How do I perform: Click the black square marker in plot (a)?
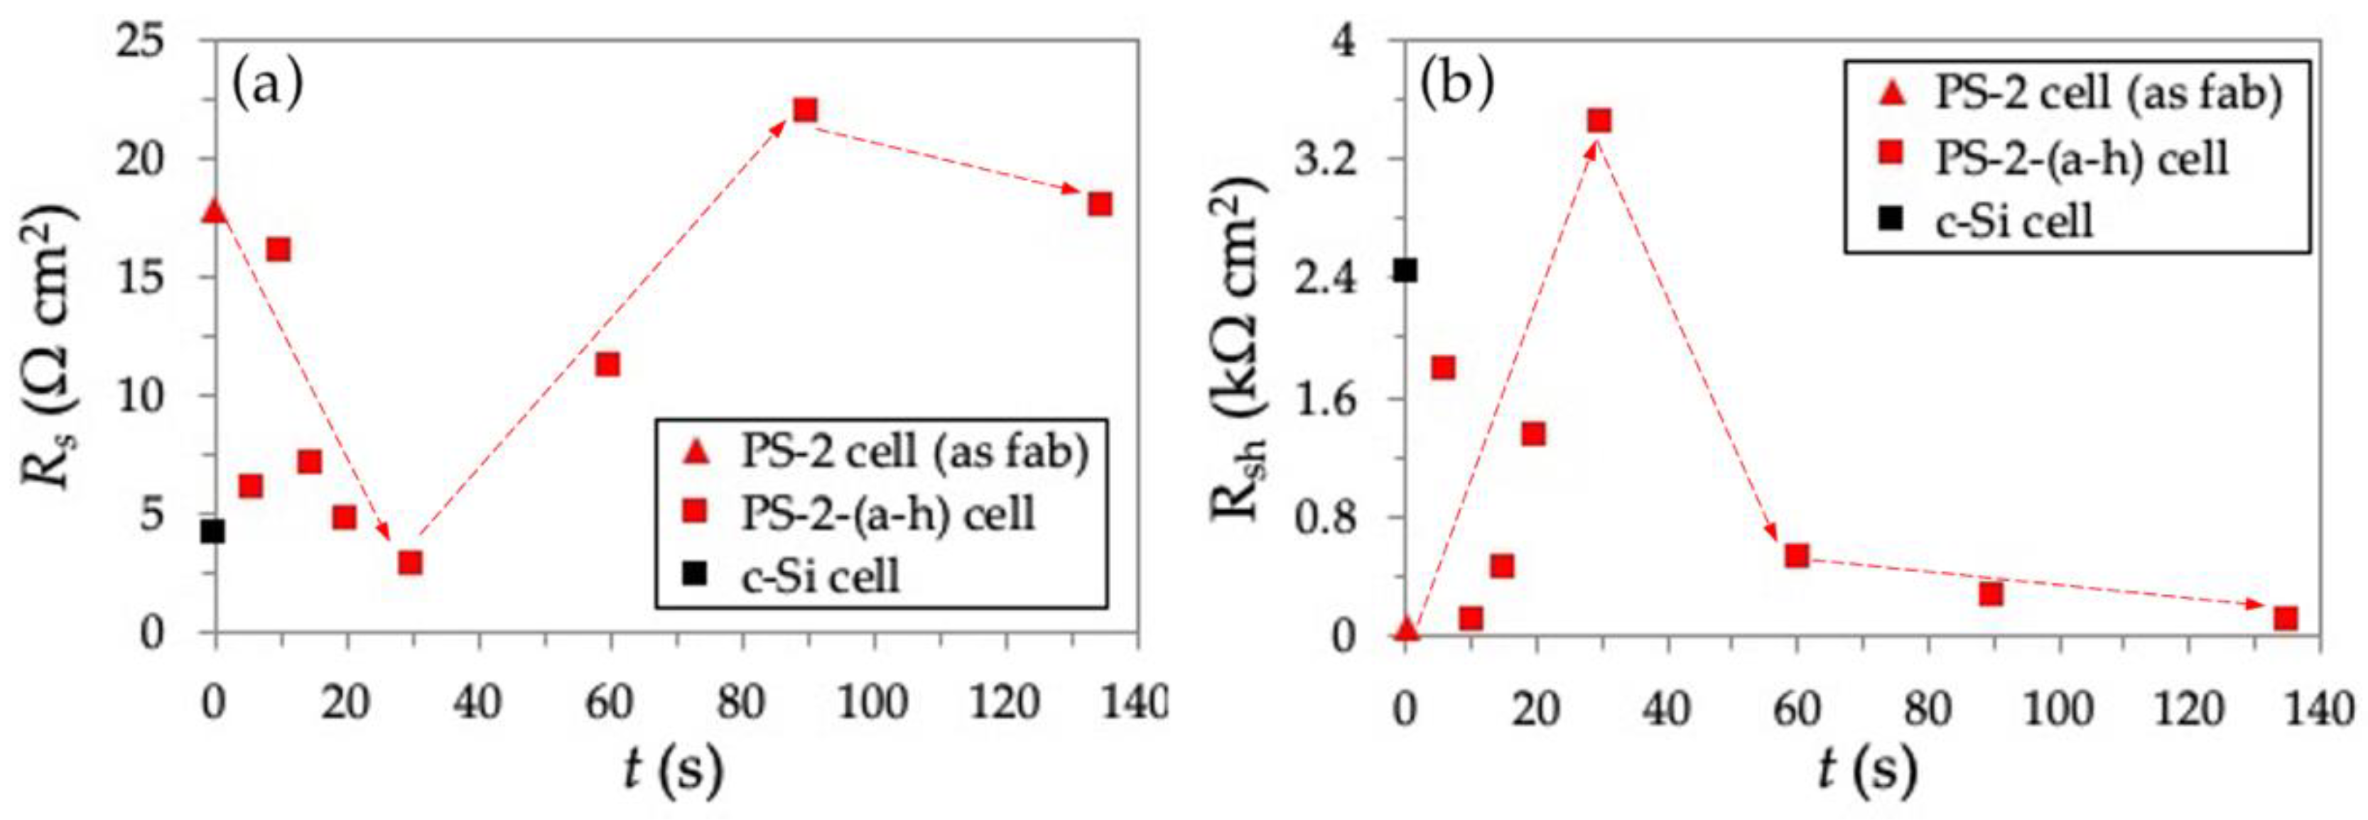213,532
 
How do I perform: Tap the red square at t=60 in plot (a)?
607,365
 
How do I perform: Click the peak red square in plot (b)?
1599,120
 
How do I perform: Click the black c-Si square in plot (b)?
1405,270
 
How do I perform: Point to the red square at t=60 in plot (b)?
1797,555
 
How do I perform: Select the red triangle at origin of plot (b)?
1405,629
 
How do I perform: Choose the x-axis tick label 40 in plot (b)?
1667,708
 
